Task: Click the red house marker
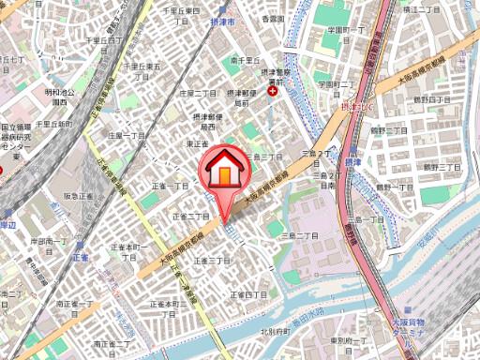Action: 225,172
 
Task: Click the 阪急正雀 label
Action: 78,196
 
